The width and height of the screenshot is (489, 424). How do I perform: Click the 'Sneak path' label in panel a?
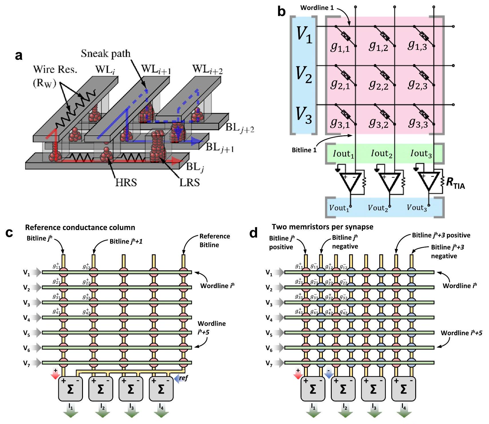[x=106, y=54]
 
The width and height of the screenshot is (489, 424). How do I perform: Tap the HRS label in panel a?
[x=126, y=182]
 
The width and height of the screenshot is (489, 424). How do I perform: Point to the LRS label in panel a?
[x=189, y=182]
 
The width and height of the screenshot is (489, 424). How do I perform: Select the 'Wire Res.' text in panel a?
[x=55, y=70]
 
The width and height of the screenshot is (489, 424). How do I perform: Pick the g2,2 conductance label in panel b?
[x=379, y=84]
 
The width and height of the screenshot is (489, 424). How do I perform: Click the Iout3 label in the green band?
[x=421, y=154]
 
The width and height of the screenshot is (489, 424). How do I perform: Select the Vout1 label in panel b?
[x=339, y=208]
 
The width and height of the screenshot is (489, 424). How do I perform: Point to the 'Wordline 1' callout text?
[x=317, y=8]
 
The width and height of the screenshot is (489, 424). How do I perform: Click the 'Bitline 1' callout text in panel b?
[x=304, y=150]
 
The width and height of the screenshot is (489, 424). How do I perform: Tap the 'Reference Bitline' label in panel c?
[x=214, y=240]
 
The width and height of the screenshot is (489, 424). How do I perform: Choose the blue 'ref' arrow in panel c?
[x=181, y=378]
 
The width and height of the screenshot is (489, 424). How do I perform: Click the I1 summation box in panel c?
[x=70, y=389]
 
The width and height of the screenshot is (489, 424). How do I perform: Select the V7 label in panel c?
[x=27, y=363]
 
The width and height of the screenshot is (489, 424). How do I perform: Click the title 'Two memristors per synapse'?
[x=322, y=227]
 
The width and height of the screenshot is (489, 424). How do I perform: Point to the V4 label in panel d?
[x=269, y=318]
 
